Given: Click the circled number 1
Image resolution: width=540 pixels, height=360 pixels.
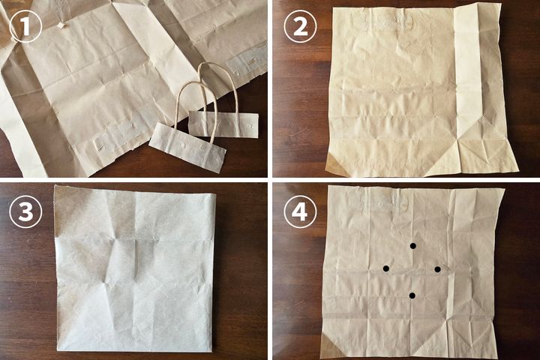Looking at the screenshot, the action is (25, 26).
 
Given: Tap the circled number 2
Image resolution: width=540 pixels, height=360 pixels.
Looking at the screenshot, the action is (300, 26).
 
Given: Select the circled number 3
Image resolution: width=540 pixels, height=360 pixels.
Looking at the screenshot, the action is (25, 211).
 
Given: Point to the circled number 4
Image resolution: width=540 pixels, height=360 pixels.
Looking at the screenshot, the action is (300, 211).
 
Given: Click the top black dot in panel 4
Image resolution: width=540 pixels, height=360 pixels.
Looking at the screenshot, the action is (413, 246).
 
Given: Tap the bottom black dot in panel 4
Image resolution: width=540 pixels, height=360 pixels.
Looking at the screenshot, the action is (412, 295).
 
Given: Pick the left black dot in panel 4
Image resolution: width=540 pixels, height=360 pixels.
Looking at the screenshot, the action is (386, 268).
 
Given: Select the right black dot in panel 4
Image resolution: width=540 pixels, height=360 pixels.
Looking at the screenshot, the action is (437, 269).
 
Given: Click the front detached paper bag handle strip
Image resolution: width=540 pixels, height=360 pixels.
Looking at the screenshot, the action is (187, 148).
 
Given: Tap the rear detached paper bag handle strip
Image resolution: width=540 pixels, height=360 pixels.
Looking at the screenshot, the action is (223, 124).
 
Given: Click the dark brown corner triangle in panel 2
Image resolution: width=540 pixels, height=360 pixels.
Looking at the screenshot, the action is (333, 163).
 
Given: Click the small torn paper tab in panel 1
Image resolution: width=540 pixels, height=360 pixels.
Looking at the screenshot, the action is (61, 25).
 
